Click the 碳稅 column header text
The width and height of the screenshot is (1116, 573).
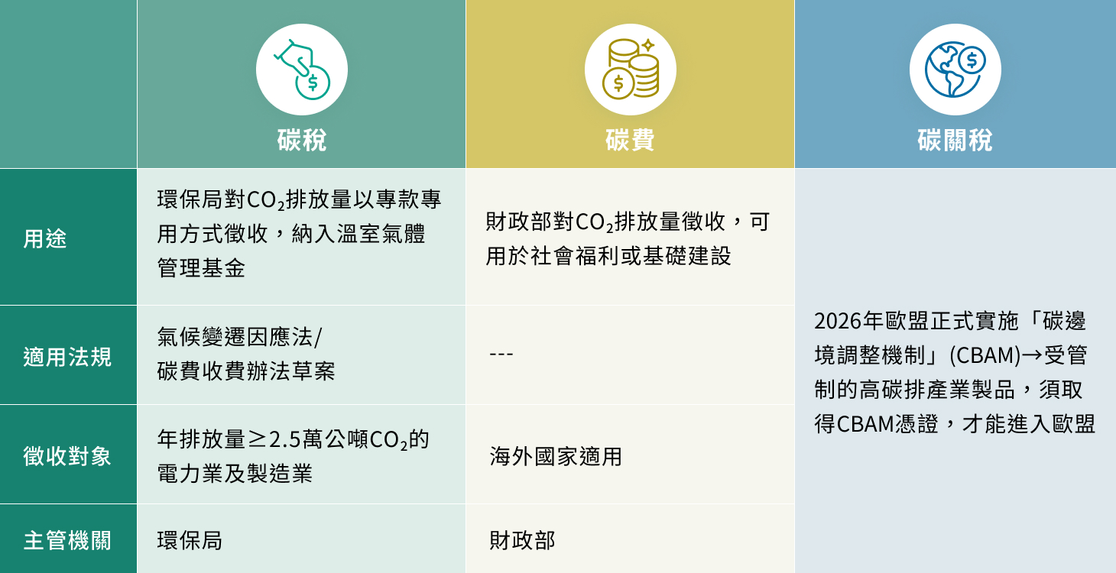[x=301, y=141]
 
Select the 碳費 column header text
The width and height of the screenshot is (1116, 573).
[x=630, y=141]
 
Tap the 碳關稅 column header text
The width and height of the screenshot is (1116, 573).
[x=955, y=141]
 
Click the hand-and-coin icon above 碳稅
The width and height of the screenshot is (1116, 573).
[x=301, y=70]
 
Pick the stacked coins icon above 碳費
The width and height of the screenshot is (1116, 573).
[x=630, y=70]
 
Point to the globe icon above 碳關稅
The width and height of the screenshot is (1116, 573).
[x=955, y=70]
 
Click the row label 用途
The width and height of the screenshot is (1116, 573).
[x=45, y=238]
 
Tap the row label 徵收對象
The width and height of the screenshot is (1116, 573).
[x=67, y=456]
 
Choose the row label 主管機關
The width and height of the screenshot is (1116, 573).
[x=67, y=540]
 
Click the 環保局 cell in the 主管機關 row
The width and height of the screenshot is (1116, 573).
[x=190, y=540]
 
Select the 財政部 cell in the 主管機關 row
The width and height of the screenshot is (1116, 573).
[x=522, y=540]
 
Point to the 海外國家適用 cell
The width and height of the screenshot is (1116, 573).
[x=556, y=457]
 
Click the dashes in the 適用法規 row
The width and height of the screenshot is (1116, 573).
[x=501, y=354]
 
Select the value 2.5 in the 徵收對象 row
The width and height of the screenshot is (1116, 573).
[x=286, y=440]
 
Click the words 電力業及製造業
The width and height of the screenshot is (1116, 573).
[x=235, y=474]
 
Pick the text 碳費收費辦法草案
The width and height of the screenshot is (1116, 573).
[x=245, y=371]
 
